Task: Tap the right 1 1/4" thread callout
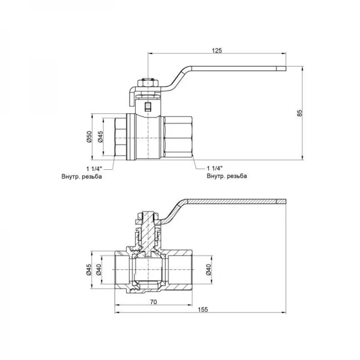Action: click(214, 169)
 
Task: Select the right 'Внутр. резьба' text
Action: click(226, 177)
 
